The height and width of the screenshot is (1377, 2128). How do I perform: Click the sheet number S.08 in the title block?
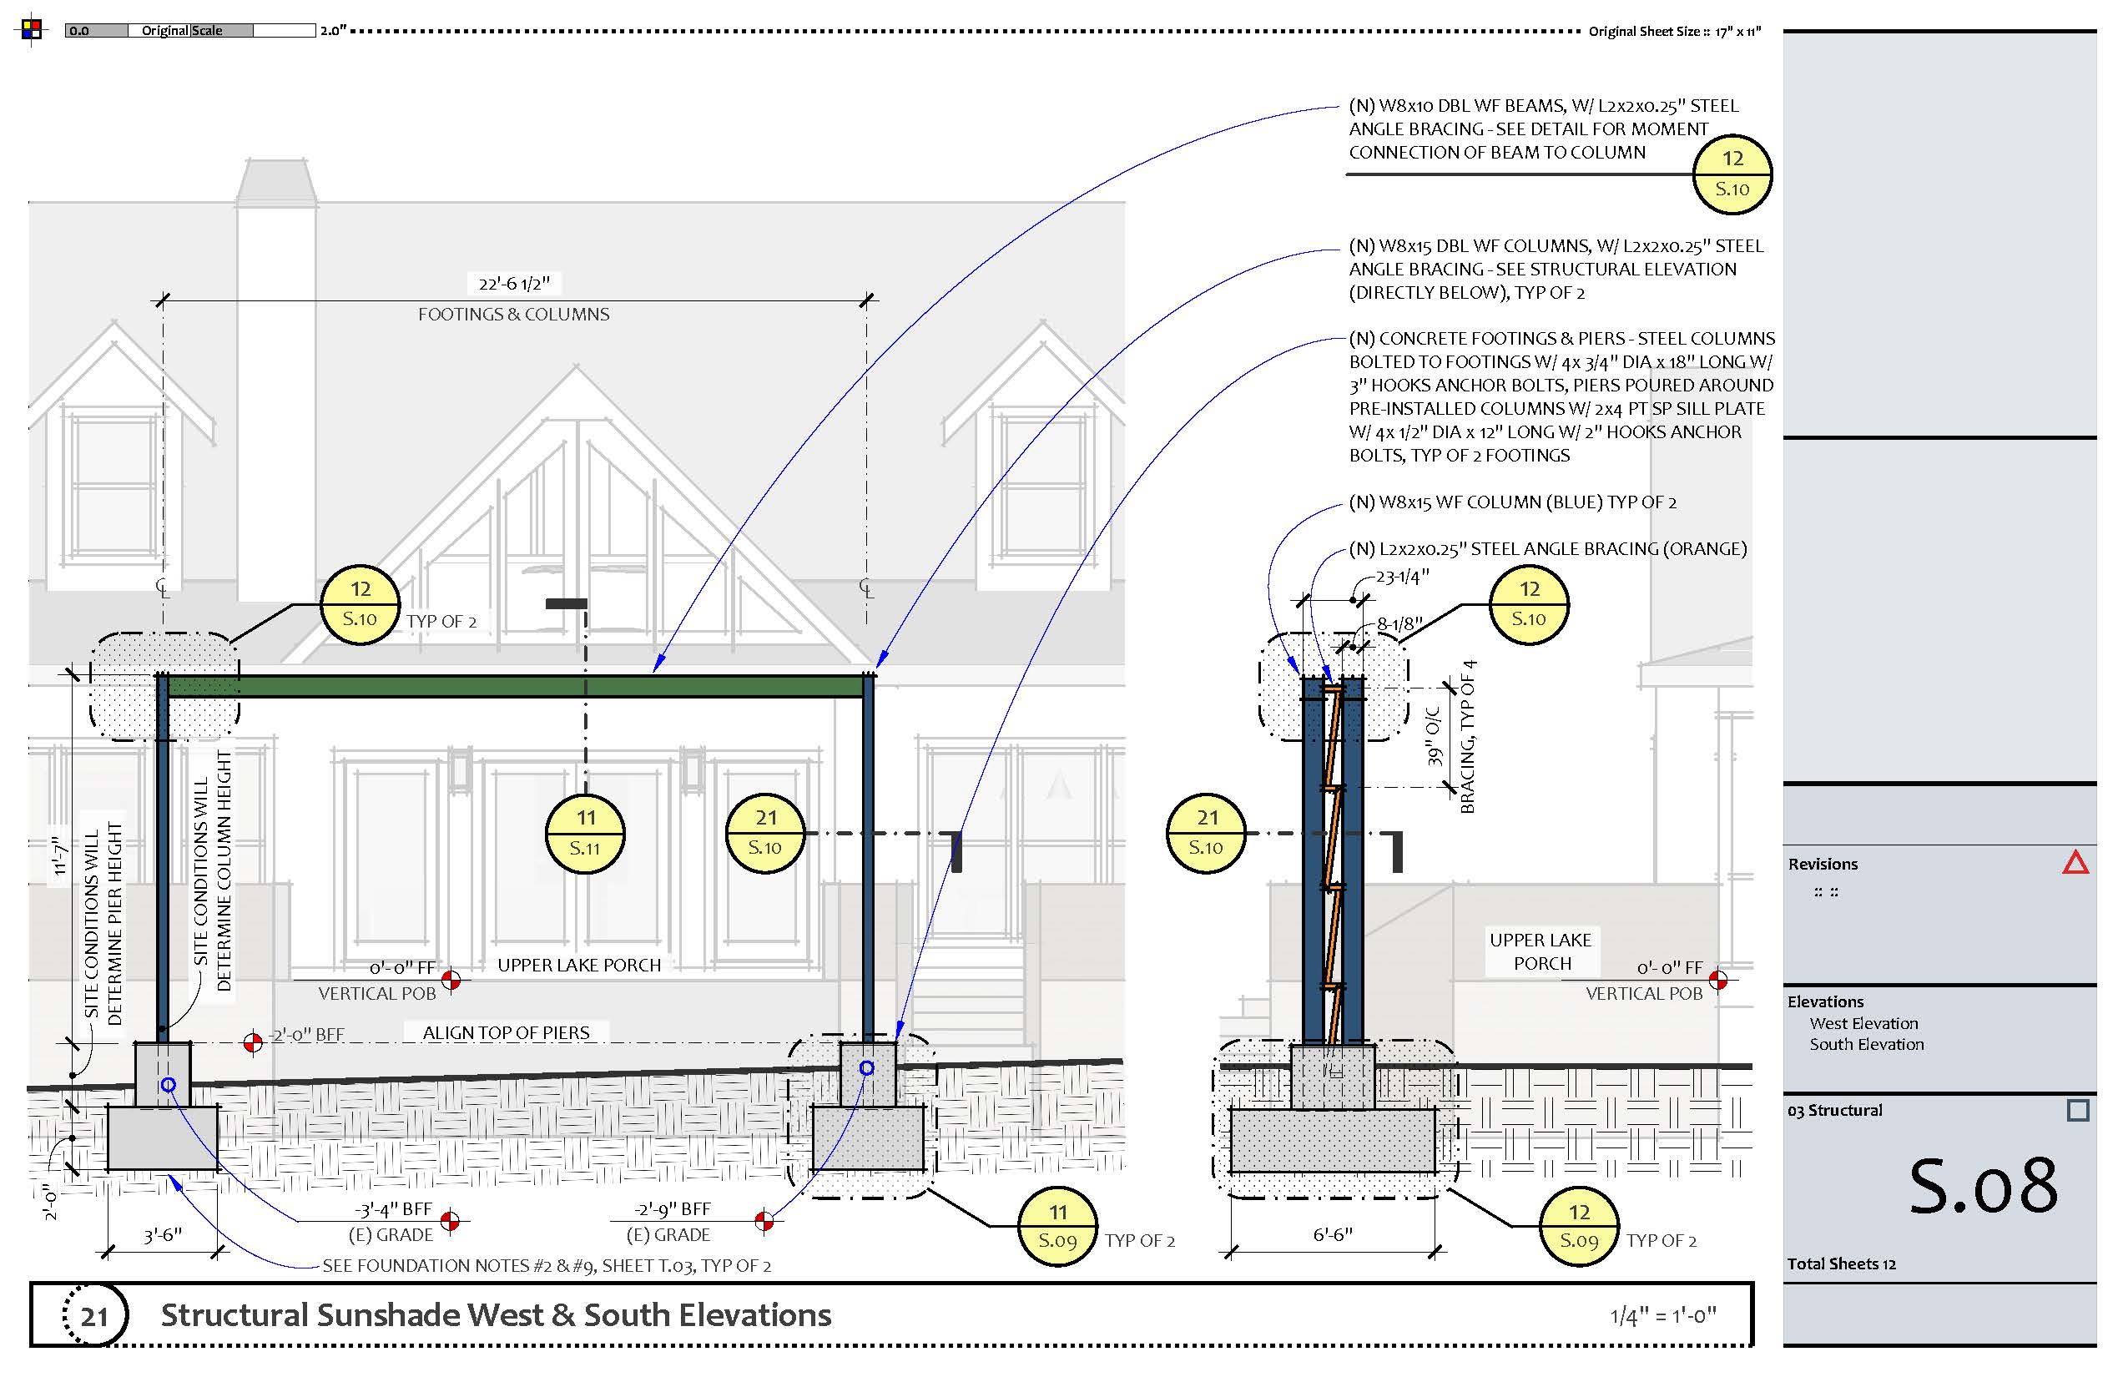1982,1186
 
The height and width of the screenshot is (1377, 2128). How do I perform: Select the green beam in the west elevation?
514,686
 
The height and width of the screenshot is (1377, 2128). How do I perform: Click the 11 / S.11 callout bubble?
585,834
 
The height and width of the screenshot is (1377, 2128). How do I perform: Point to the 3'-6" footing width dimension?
163,1236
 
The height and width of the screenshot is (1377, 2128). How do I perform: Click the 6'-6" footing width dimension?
1332,1235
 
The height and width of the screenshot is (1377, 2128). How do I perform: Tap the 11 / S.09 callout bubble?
1058,1226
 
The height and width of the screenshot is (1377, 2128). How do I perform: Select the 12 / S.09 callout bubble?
1579,1226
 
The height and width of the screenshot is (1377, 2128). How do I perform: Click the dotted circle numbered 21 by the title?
95,1315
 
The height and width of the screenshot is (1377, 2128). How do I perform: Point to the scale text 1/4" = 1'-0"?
1663,1315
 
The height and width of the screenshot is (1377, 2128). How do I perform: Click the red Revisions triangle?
2075,863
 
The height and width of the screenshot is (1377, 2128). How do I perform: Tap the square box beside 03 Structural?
2078,1111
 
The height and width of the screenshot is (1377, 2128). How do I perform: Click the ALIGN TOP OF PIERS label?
506,1033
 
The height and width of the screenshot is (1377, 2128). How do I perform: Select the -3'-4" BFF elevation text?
393,1210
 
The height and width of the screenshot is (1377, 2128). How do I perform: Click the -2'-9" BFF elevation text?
673,1210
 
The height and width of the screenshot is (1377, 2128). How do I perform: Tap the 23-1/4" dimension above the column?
1402,578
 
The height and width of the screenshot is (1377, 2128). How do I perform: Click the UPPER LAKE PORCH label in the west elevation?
579,966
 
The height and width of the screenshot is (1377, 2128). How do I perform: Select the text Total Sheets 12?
1841,1264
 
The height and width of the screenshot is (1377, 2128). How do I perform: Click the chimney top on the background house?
275,179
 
